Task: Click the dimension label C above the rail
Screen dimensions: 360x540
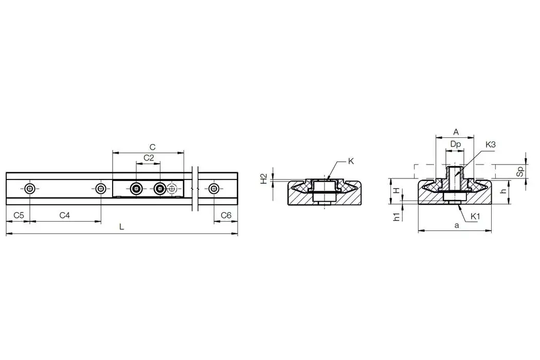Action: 152,147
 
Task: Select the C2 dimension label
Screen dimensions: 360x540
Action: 149,158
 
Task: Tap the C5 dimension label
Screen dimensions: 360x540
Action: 19,215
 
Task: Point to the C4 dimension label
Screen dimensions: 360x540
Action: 64,215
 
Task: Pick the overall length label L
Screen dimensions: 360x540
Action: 121,227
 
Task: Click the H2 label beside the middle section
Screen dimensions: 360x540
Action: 263,178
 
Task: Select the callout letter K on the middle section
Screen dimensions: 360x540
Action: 351,161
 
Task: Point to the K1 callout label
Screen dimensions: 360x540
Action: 475,217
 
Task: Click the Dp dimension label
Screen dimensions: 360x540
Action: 455,145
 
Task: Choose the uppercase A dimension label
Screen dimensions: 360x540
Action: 456,132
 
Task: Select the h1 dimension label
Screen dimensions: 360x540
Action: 397,217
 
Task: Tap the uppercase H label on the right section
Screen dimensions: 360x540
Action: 397,190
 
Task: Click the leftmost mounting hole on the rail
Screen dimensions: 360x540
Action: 30,189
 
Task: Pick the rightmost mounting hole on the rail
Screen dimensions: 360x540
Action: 213,189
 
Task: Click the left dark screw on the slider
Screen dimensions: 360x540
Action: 136,189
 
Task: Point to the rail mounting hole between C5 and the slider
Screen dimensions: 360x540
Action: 101,189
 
